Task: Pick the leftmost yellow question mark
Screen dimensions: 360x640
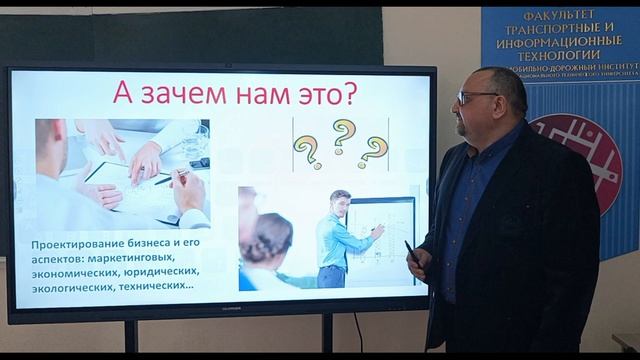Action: (x=306, y=153)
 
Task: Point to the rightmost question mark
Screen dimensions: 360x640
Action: (x=374, y=151)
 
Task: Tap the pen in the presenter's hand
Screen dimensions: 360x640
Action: (x=411, y=251)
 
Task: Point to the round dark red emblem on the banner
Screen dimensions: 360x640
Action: (x=578, y=160)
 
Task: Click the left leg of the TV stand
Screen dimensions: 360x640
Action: (x=130, y=336)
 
